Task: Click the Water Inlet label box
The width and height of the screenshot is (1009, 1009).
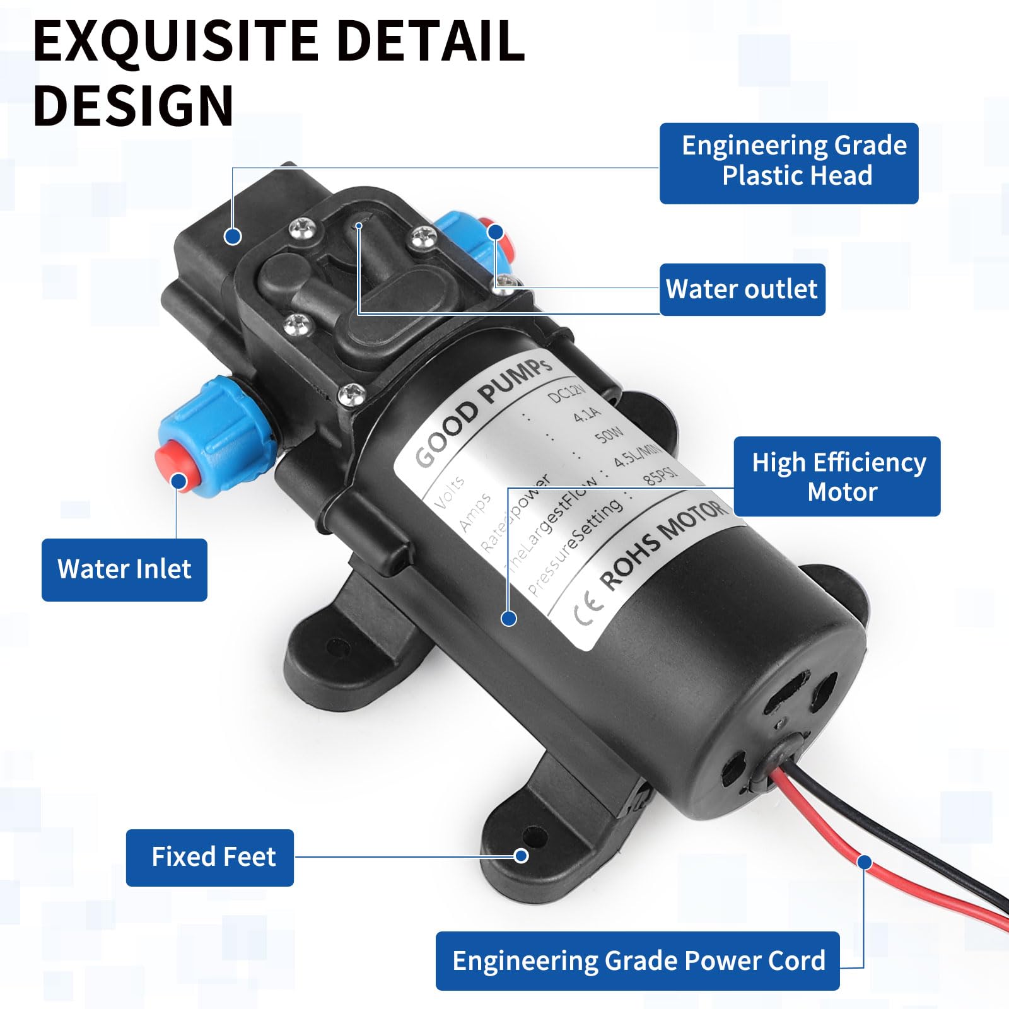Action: pos(124,569)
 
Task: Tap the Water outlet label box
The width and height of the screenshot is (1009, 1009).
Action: pos(742,289)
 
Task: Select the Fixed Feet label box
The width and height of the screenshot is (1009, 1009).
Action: pos(210,857)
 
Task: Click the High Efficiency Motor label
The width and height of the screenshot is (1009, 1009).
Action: pos(837,477)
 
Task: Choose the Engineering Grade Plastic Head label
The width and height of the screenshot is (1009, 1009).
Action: pos(789,163)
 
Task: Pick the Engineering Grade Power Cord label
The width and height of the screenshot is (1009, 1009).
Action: pos(638,960)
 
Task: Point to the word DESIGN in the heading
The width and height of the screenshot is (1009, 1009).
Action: pos(134,106)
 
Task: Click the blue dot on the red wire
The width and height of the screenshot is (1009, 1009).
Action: pos(865,862)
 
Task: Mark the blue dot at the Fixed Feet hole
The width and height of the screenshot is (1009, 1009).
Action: pos(521,856)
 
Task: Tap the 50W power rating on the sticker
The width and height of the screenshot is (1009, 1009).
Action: pos(609,435)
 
